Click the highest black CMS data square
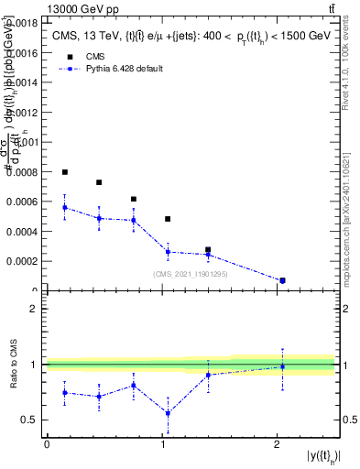pyautogui.click(x=65, y=172)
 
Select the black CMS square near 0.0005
pyautogui.click(x=168, y=219)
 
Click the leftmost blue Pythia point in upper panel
pyautogui.click(x=65, y=207)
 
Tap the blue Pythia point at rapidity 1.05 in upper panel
pyautogui.click(x=168, y=251)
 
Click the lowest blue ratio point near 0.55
pyautogui.click(x=168, y=413)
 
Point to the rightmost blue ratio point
pyautogui.click(x=282, y=366)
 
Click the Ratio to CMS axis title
pyautogui.click(x=15, y=365)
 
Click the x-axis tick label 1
pyautogui.click(x=162, y=444)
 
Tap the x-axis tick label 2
pyautogui.click(x=277, y=444)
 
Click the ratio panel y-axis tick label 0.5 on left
pyautogui.click(x=30, y=420)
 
